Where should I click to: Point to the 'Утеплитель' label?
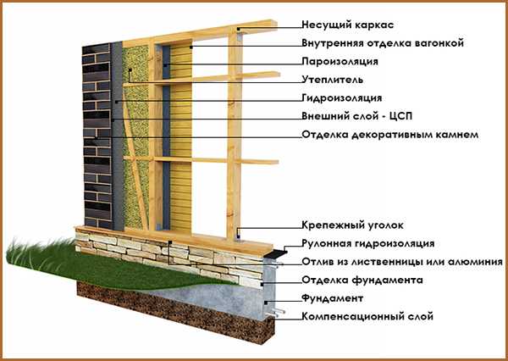(333, 80)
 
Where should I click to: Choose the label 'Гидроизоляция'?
(341, 98)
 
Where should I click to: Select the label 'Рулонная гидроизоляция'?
(368, 244)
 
